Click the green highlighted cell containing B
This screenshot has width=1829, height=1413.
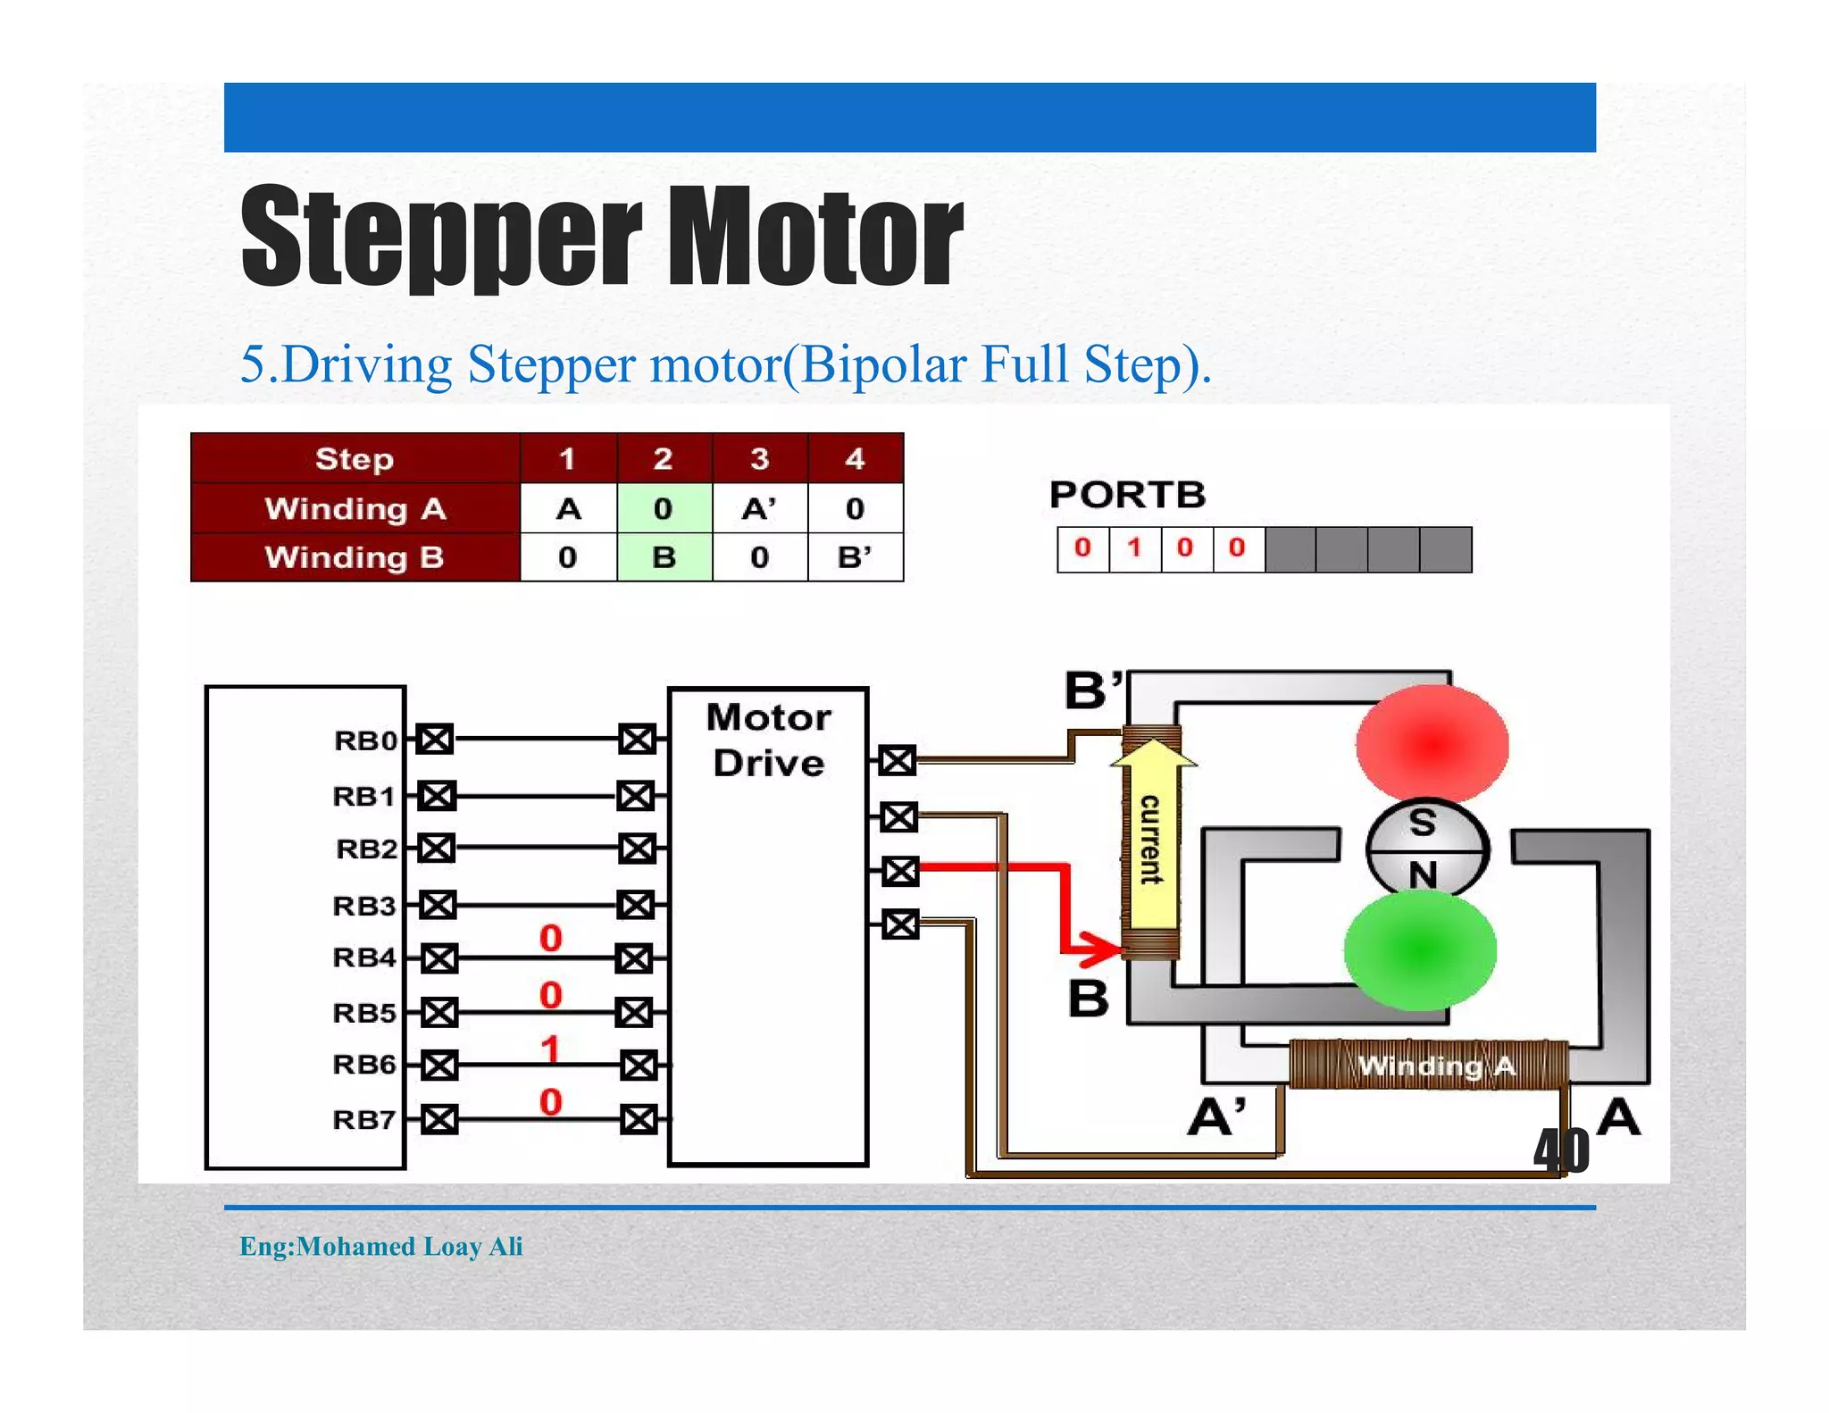point(664,557)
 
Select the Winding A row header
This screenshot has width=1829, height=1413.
point(355,509)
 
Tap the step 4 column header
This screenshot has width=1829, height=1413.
point(855,459)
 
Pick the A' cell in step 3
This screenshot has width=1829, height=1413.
point(759,509)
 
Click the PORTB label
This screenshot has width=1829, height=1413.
point(1127,495)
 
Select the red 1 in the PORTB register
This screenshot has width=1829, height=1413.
point(1134,548)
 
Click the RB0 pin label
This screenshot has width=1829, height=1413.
point(364,740)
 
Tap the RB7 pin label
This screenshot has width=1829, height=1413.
point(363,1119)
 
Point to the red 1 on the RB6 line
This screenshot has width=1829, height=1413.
point(551,1049)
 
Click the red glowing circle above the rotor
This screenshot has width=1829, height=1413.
point(1432,742)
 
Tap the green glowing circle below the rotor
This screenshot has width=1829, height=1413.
point(1420,950)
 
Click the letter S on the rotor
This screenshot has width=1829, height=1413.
point(1423,823)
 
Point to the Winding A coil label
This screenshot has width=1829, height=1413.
point(1435,1066)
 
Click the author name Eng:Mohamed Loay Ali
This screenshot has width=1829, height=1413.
point(380,1246)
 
